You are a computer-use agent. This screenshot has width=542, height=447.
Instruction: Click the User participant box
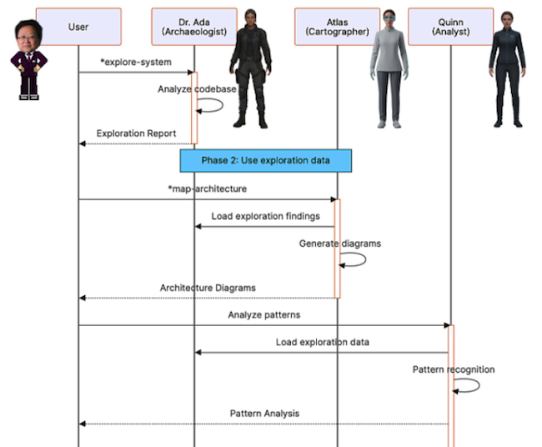point(78,27)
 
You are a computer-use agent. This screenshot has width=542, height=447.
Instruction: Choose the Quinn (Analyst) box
point(450,27)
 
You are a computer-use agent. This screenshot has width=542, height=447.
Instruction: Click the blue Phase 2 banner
point(266,160)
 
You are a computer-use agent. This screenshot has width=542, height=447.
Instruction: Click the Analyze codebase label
point(197,89)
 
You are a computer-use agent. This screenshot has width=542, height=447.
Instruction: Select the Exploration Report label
point(136,133)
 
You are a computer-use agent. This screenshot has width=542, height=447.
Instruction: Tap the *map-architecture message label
point(207,188)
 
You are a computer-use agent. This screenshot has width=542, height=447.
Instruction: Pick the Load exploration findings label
point(265,216)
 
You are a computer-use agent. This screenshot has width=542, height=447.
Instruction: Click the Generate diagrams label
point(339,244)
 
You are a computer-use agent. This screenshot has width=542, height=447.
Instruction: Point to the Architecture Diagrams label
point(208,288)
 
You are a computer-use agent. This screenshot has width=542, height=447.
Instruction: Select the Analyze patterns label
point(263,314)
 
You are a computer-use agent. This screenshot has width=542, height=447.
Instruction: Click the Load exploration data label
point(322,342)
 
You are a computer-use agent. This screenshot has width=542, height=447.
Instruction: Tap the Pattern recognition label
point(453,369)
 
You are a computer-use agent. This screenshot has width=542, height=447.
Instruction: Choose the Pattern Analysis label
point(264,414)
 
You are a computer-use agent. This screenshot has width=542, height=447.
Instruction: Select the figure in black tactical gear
point(250,71)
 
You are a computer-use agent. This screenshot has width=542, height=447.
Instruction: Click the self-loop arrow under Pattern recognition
point(469,385)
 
